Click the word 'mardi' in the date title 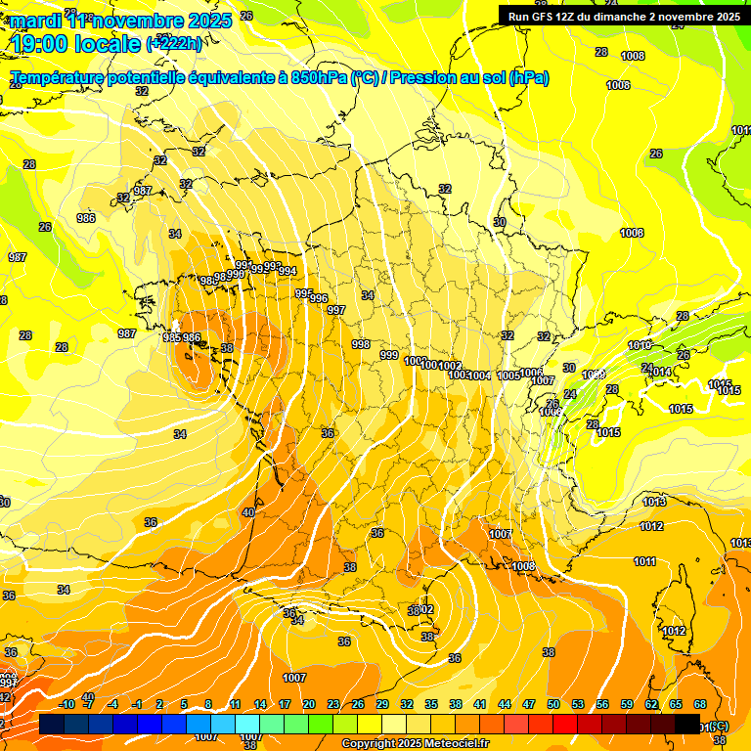click(36, 21)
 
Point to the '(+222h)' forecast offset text click(174, 44)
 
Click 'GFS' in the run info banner click(547, 17)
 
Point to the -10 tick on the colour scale click(66, 705)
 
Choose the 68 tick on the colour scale click(700, 705)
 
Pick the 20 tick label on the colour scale click(309, 705)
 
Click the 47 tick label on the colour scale click(529, 705)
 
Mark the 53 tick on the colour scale click(578, 705)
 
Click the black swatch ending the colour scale click(687, 724)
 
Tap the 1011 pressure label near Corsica click(644, 561)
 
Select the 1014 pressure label click(660, 373)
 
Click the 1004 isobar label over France click(479, 376)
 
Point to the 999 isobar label click(389, 355)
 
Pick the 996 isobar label click(319, 298)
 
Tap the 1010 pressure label click(639, 346)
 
